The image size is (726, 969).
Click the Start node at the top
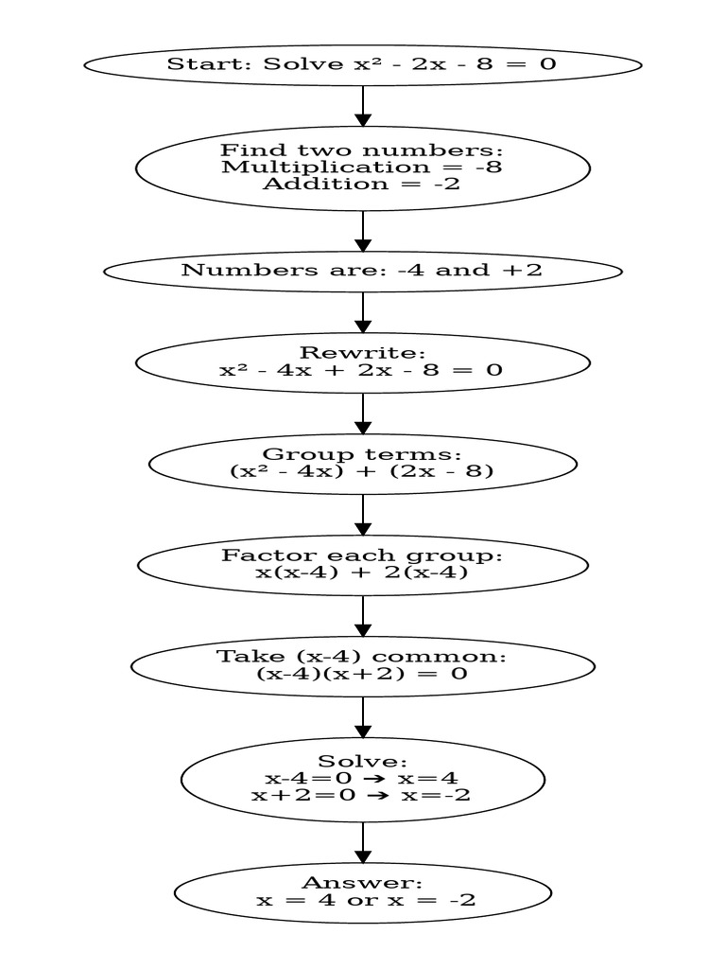(x=362, y=64)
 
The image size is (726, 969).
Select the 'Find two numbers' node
(x=362, y=167)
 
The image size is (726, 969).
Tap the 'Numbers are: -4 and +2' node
(x=362, y=271)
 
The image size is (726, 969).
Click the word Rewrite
(x=362, y=353)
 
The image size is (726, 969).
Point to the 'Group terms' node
(x=362, y=463)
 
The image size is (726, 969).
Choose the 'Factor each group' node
(x=362, y=564)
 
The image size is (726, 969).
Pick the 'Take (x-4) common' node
(x=362, y=665)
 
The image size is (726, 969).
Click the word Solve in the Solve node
(x=362, y=762)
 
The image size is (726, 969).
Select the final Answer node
(x=362, y=891)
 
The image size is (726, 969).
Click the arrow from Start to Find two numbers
(x=362, y=105)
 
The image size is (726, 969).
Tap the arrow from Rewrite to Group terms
(x=362, y=414)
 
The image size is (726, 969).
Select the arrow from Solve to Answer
(x=362, y=842)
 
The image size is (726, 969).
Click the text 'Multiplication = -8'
(x=362, y=167)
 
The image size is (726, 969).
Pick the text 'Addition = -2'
(x=362, y=184)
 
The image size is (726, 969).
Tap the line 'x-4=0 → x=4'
(x=362, y=779)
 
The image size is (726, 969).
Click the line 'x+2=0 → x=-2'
(x=362, y=796)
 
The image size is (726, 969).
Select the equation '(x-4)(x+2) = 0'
(x=362, y=675)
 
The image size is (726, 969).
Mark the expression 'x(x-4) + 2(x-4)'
(x=362, y=573)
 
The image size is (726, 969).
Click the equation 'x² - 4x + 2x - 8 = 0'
(x=362, y=370)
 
